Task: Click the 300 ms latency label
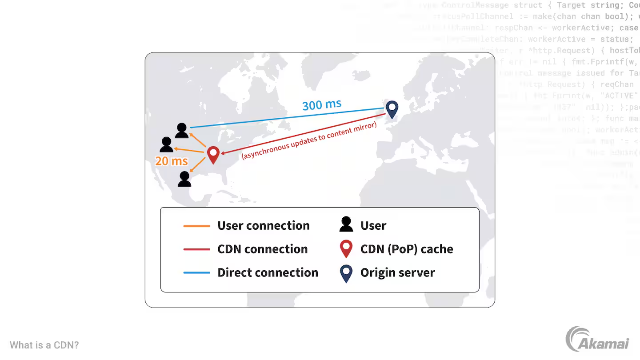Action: [x=322, y=105]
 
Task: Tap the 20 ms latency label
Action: [x=172, y=161]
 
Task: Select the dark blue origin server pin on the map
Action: [x=392, y=109]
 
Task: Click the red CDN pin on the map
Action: [x=213, y=155]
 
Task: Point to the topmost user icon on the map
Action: [x=182, y=131]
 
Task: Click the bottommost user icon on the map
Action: [x=184, y=179]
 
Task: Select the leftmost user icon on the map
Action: [x=167, y=144]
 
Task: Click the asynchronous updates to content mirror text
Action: [x=309, y=141]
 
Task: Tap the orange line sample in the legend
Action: [x=196, y=226]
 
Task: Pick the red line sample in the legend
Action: [x=196, y=249]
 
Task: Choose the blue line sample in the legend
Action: [x=196, y=273]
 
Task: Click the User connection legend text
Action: [x=263, y=226]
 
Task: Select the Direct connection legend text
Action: [x=268, y=273]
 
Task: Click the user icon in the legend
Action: [x=346, y=224]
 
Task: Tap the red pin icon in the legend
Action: [x=346, y=248]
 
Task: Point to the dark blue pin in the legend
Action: [x=346, y=273]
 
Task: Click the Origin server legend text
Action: [x=397, y=273]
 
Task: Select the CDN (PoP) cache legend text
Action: [x=407, y=249]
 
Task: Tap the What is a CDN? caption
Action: [x=44, y=345]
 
